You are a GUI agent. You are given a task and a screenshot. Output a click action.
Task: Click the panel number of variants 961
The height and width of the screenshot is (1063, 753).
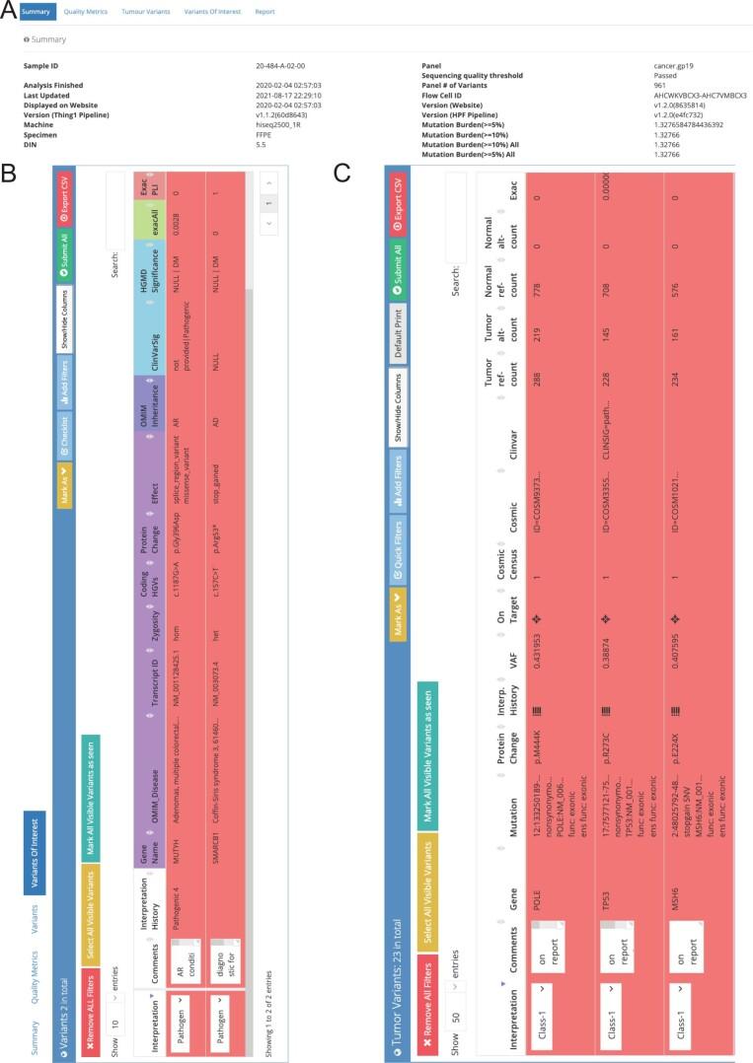click(660, 84)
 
